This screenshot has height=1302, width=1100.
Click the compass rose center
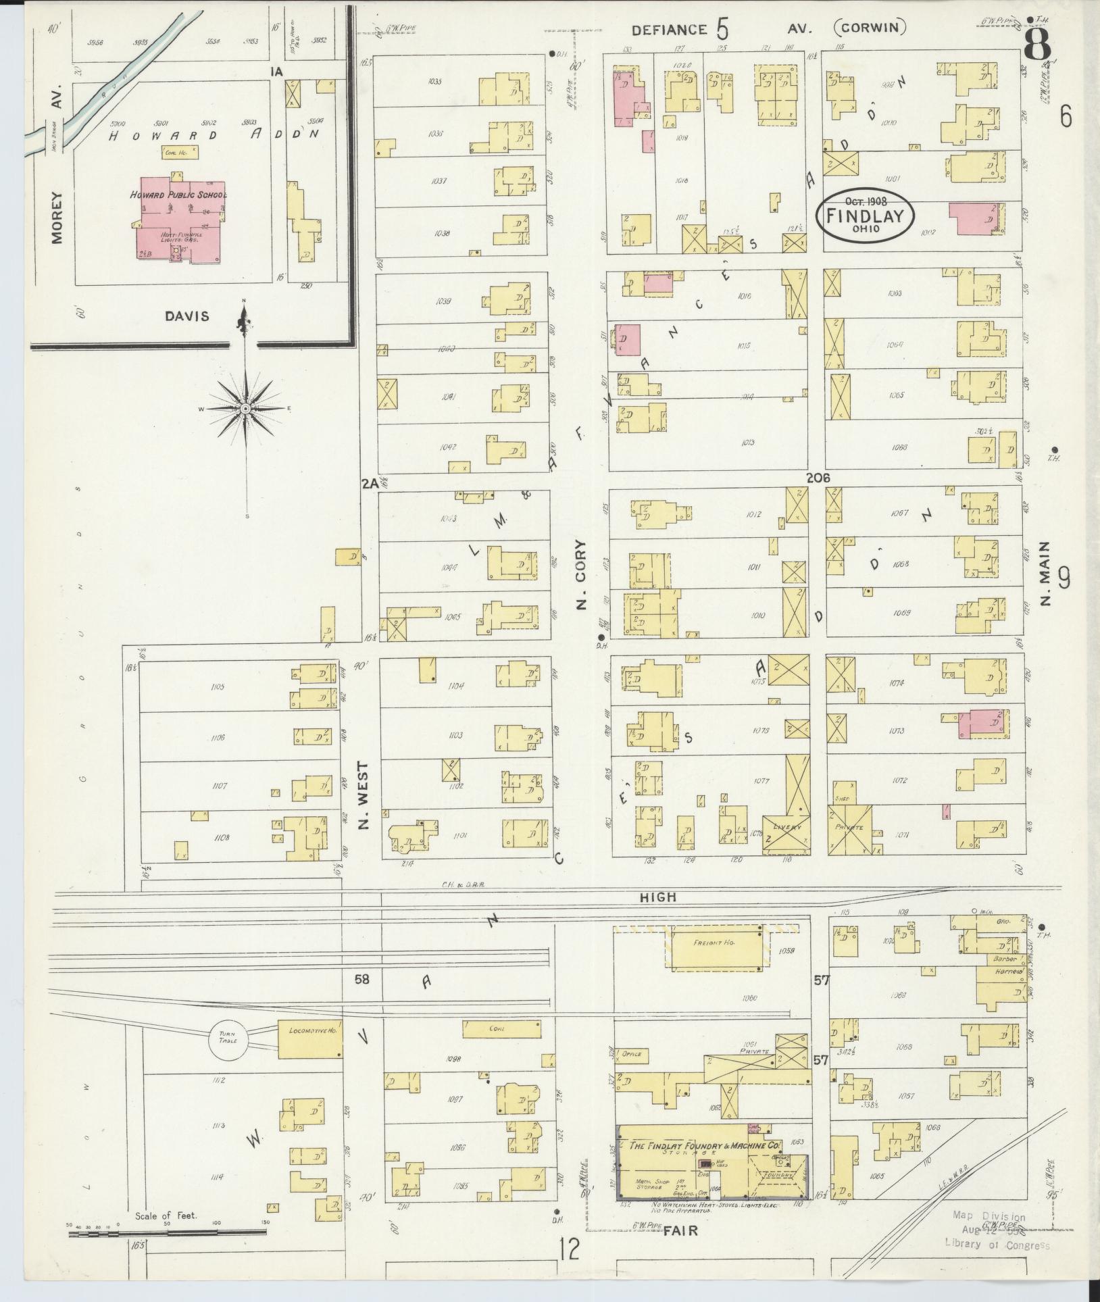pyautogui.click(x=246, y=409)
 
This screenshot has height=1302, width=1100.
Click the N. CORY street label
pyautogui.click(x=582, y=575)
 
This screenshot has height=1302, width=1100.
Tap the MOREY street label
pyautogui.click(x=56, y=218)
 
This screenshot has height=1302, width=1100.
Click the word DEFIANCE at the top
pyautogui.click(x=669, y=30)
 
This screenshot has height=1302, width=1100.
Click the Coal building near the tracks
pyautogui.click(x=500, y=1028)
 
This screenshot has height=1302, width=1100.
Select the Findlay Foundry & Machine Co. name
pyautogui.click(x=705, y=1145)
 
